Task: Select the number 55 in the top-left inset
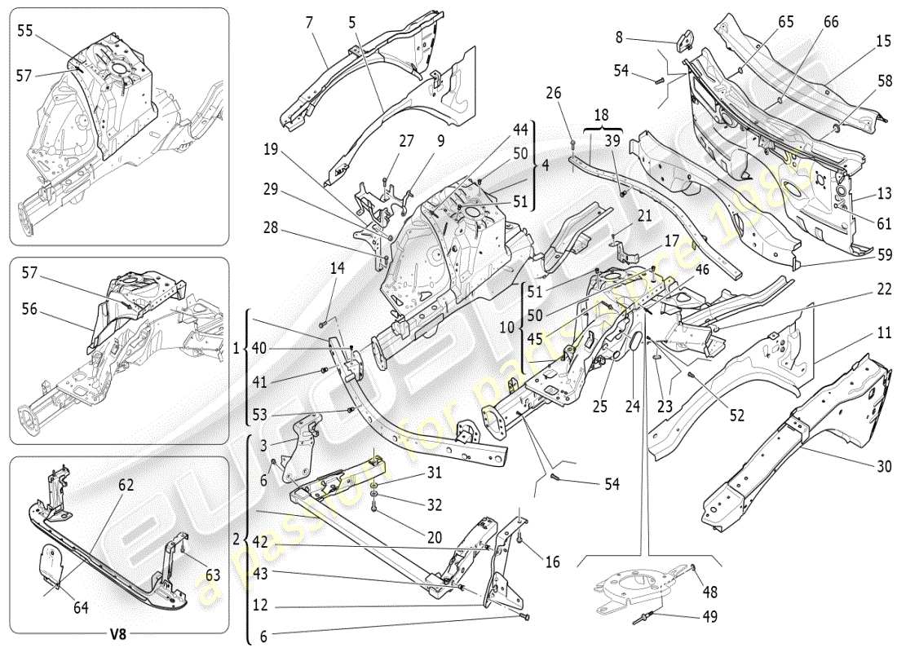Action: point(26,30)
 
